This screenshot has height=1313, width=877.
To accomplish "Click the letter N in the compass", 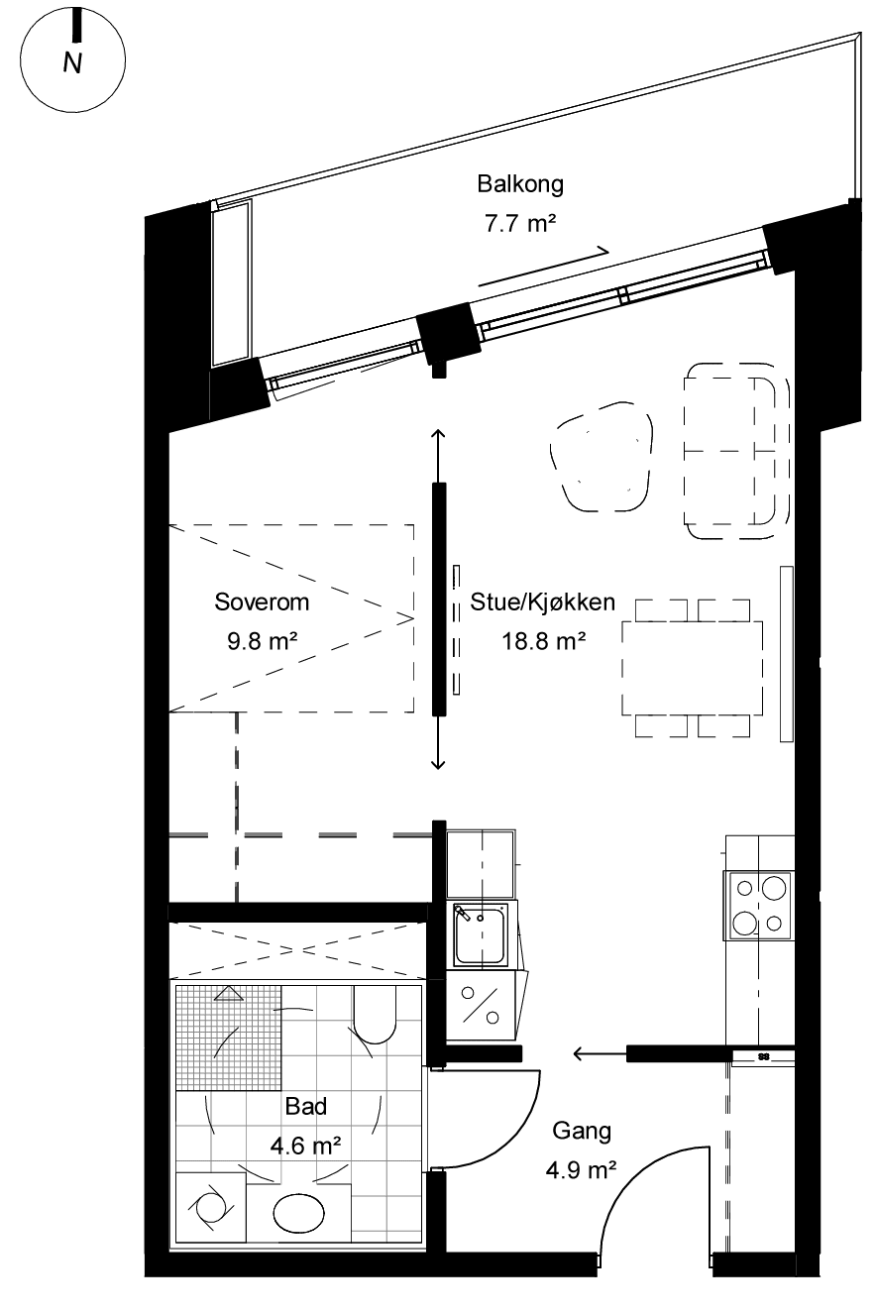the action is point(72,63).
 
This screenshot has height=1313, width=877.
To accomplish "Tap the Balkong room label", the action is point(520,184).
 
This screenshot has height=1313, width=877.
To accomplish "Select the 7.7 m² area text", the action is point(520,223).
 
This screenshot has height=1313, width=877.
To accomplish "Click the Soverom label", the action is point(262,602).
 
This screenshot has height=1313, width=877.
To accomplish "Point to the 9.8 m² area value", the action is point(262,641).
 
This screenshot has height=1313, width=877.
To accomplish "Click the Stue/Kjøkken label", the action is point(542,602).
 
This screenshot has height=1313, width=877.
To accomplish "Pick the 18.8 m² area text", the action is point(543,641).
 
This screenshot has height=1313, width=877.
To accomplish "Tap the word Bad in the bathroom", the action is point(305,1107).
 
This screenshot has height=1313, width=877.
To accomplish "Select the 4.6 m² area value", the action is point(305,1146).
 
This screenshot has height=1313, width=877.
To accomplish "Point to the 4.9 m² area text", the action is point(581,1170).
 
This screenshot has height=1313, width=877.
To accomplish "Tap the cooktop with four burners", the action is point(759,906).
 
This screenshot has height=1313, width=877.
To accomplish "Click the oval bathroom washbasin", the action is point(299,1213).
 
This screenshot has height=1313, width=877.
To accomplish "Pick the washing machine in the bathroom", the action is point(210,1207).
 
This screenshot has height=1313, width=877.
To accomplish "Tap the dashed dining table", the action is point(693,668).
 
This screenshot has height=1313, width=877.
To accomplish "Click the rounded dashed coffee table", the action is point(603,457).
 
